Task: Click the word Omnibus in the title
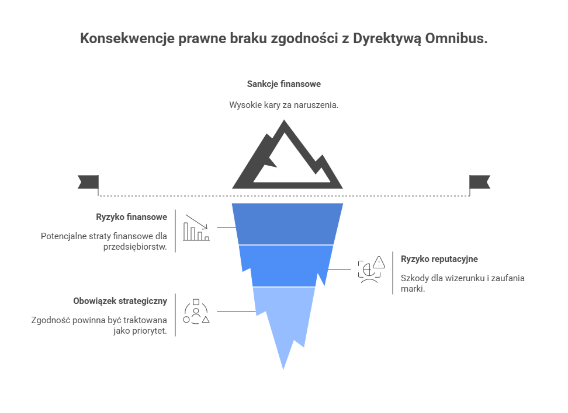(x=456, y=38)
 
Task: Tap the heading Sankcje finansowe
(x=284, y=84)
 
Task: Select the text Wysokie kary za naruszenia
(x=283, y=105)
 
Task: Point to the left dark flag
(x=88, y=182)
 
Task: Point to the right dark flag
(x=480, y=182)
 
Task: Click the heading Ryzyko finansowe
(x=131, y=217)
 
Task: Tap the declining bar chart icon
(x=196, y=228)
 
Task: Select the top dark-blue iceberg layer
(x=288, y=224)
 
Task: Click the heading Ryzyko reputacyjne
(x=439, y=259)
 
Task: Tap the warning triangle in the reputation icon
(x=379, y=262)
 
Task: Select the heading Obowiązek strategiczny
(x=120, y=301)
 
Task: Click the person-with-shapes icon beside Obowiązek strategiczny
(x=196, y=311)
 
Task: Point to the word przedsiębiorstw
(x=135, y=247)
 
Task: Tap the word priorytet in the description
(x=150, y=331)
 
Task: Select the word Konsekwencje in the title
(x=127, y=38)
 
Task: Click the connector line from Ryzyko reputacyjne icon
(x=339, y=269)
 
